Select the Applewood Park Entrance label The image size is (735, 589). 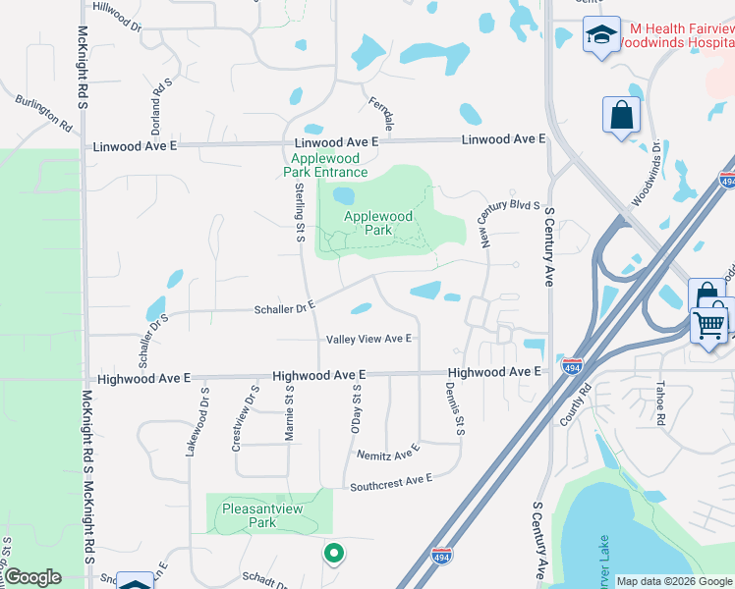328,164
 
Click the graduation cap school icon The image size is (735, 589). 599,36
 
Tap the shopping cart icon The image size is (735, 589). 712,323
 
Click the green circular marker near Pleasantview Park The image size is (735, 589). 334,555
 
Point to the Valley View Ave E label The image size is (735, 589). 368,339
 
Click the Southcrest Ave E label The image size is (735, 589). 391,481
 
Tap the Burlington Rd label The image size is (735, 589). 44,113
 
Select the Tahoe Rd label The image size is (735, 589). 661,403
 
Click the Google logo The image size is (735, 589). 32,577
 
